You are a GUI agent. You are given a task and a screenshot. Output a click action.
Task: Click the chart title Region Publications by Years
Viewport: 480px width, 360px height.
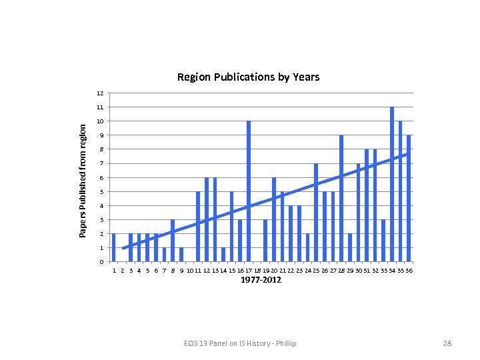click(x=248, y=77)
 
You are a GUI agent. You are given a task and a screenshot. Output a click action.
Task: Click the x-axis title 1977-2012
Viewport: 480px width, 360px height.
click(x=261, y=280)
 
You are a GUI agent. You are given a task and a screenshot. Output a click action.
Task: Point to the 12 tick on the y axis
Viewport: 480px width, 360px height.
click(x=99, y=93)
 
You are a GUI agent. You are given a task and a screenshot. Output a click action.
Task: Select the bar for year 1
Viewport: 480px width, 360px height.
click(x=114, y=247)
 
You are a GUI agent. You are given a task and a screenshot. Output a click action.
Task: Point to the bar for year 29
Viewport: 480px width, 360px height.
click(x=350, y=247)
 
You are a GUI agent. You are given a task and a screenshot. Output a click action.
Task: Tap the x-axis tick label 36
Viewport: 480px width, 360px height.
click(x=409, y=271)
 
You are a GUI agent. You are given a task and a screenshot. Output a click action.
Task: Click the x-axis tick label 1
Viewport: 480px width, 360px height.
click(x=114, y=271)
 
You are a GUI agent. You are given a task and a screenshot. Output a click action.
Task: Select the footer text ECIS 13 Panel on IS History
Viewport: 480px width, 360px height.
click(x=240, y=343)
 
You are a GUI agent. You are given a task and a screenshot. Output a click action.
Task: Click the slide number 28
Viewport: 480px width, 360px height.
click(x=447, y=343)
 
